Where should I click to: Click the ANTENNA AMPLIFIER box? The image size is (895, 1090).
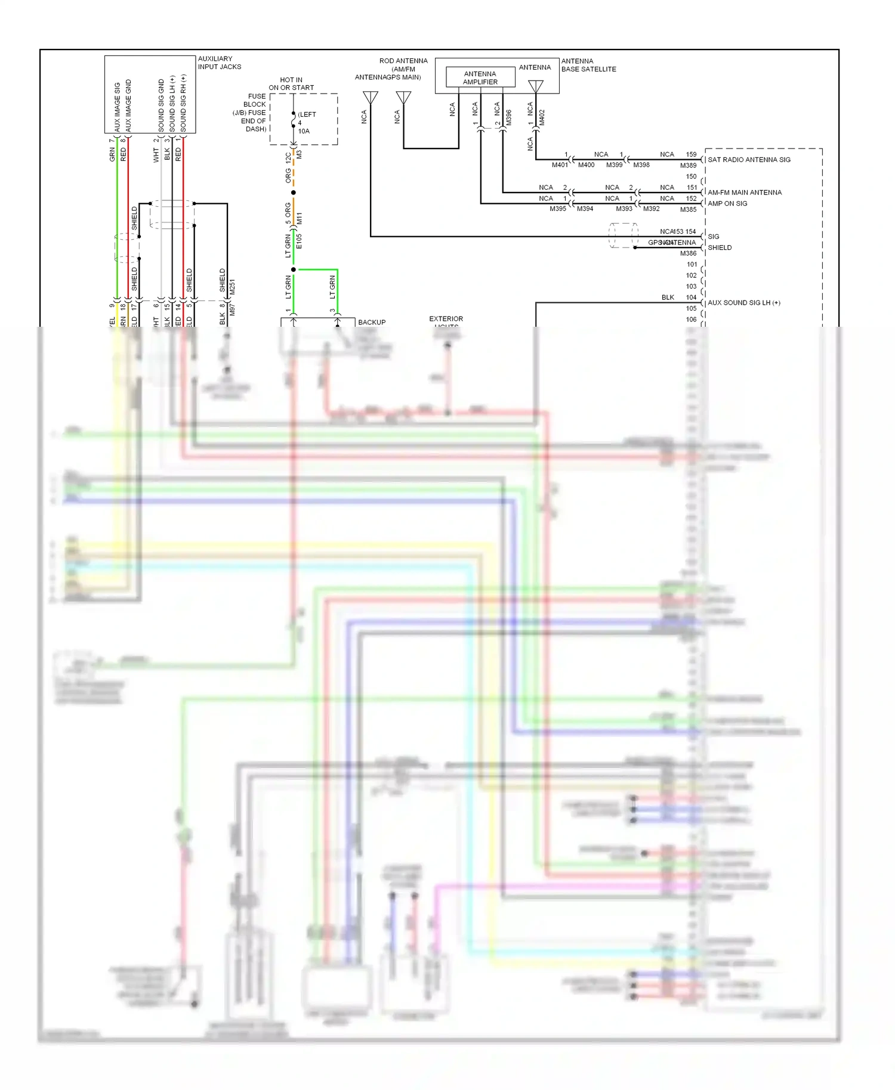(480, 78)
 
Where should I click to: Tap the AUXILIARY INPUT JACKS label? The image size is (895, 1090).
(219, 63)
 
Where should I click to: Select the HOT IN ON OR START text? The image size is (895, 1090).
(291, 83)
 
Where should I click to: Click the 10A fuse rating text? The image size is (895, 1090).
(304, 131)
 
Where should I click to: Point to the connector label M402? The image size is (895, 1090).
(542, 117)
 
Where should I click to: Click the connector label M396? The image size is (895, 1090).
(509, 117)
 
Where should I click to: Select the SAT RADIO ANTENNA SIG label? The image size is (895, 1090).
(749, 160)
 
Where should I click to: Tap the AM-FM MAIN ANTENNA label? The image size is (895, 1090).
(744, 193)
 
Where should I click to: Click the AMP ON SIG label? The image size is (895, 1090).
(727, 203)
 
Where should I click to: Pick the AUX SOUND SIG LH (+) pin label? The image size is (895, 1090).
(743, 303)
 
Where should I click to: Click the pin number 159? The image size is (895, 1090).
(691, 154)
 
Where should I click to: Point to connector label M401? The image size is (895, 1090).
(560, 165)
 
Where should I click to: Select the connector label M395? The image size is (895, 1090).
(557, 209)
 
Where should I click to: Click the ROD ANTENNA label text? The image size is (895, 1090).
(403, 61)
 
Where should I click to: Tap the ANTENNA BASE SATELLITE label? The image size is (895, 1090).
(588, 65)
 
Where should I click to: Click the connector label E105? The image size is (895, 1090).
(299, 241)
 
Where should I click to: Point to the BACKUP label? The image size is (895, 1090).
(372, 322)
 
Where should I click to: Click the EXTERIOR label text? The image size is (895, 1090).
(446, 319)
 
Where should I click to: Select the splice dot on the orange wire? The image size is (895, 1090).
(293, 193)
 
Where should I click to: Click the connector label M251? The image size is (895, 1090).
(232, 287)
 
